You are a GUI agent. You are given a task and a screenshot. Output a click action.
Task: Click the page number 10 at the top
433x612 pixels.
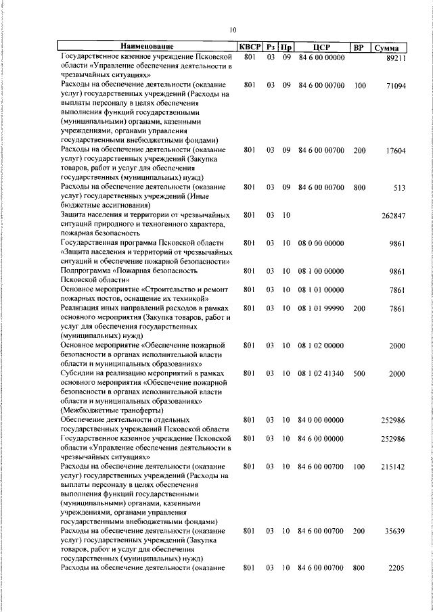pyautogui.click(x=233, y=30)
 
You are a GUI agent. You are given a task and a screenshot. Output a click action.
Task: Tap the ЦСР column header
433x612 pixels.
pyautogui.click(x=321, y=47)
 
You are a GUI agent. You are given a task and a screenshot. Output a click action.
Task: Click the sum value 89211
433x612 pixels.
pyautogui.click(x=395, y=59)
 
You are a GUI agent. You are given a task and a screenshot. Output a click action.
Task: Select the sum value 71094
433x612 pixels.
pyautogui.click(x=395, y=86)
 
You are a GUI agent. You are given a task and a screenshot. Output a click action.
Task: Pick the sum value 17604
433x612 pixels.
pyautogui.click(x=395, y=152)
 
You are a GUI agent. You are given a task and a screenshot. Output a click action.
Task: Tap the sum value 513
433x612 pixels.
pyautogui.click(x=399, y=189)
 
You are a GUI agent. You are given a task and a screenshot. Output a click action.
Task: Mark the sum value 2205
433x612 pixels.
pyautogui.click(x=397, y=568)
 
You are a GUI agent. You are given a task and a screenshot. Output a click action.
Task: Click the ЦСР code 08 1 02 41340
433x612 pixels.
pyautogui.click(x=321, y=373)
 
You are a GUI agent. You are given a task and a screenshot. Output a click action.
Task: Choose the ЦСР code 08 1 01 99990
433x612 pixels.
pyautogui.click(x=321, y=308)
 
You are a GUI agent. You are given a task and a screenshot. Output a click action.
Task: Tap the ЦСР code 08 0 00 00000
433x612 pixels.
pyautogui.click(x=321, y=242)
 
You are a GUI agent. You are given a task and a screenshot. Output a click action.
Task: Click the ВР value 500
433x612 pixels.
pyautogui.click(x=359, y=373)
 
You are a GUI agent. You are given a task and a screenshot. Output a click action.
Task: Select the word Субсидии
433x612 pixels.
pyautogui.click(x=80, y=373)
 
